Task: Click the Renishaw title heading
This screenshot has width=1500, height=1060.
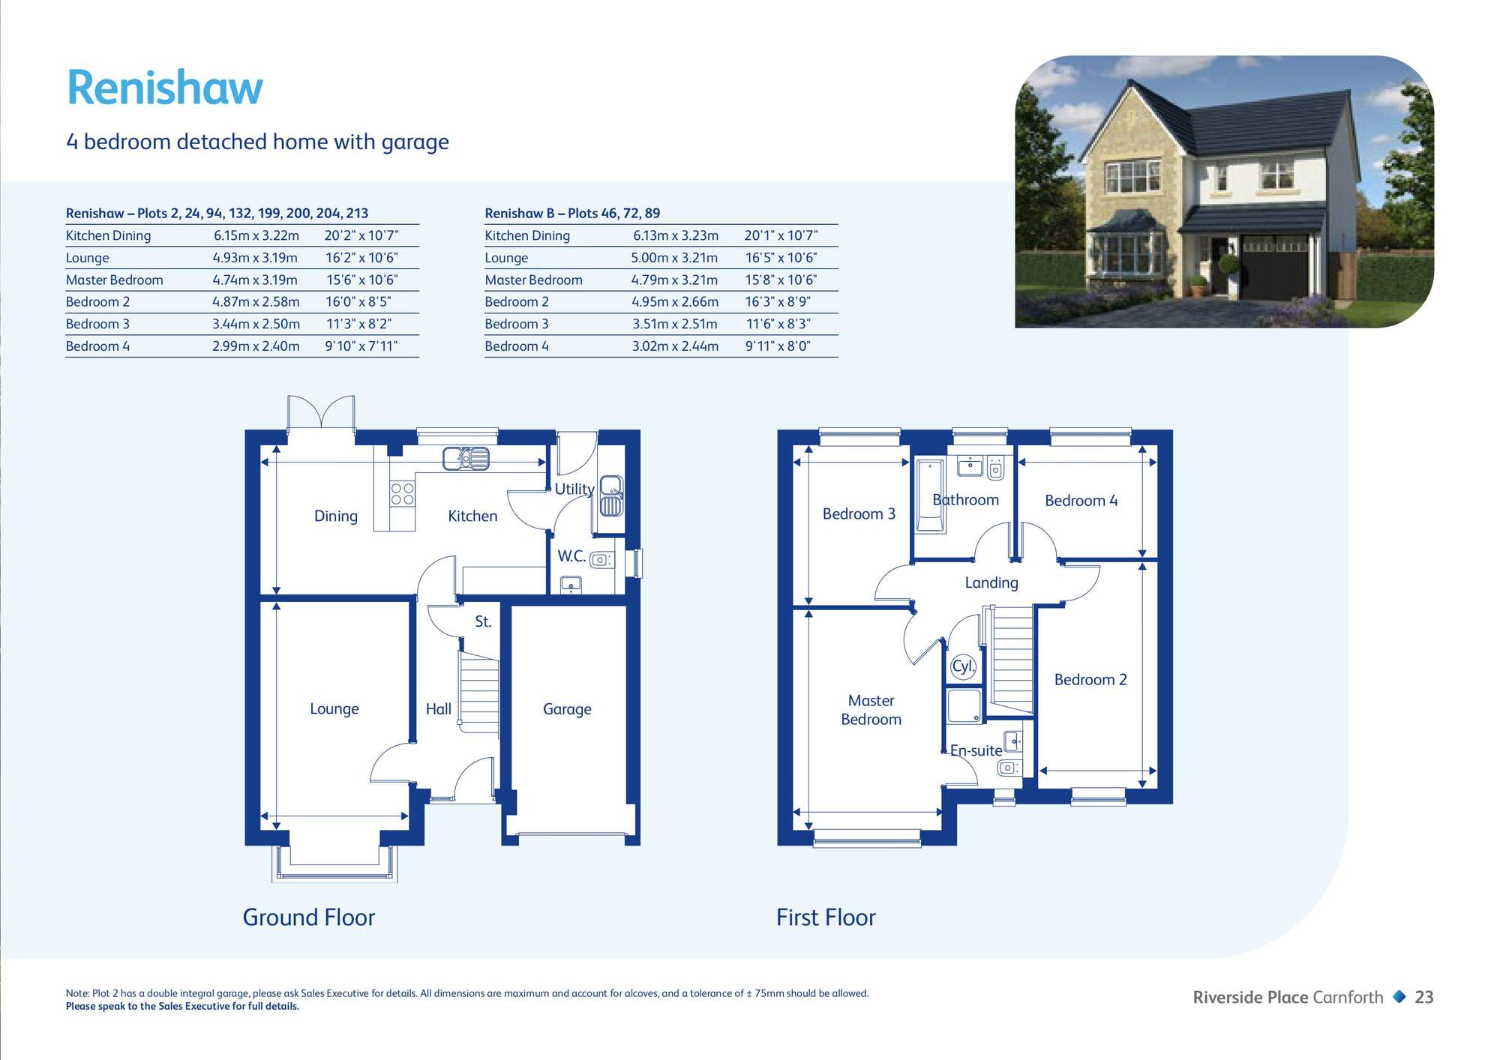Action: [x=165, y=88]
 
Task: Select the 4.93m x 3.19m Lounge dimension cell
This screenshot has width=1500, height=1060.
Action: [x=255, y=258]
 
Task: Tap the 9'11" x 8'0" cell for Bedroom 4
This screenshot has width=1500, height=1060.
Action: [x=778, y=346]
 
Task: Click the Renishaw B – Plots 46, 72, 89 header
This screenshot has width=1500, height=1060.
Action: [x=572, y=213]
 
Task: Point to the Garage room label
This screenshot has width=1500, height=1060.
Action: [x=567, y=709]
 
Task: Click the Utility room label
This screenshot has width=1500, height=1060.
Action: [x=574, y=489]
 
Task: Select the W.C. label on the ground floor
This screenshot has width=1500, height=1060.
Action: [x=571, y=556]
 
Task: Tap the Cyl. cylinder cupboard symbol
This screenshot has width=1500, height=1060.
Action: [x=963, y=666]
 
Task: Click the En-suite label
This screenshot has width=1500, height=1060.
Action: [x=976, y=750]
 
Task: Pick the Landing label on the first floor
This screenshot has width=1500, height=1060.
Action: [x=991, y=582]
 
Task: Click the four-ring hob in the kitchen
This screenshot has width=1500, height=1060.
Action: [x=403, y=494]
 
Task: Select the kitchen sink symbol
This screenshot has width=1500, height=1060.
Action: [x=466, y=458]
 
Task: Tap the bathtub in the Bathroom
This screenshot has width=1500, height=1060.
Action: [x=930, y=496]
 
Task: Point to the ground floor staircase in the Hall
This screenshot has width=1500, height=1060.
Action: [x=479, y=693]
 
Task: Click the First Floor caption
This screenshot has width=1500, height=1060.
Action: [x=826, y=918]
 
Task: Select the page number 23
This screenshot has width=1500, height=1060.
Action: [x=1423, y=997]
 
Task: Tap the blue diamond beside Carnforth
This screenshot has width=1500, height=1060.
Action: [x=1399, y=997]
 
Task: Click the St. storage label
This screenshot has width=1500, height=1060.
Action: [x=483, y=621]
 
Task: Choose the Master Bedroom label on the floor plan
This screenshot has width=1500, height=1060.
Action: [x=871, y=710]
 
